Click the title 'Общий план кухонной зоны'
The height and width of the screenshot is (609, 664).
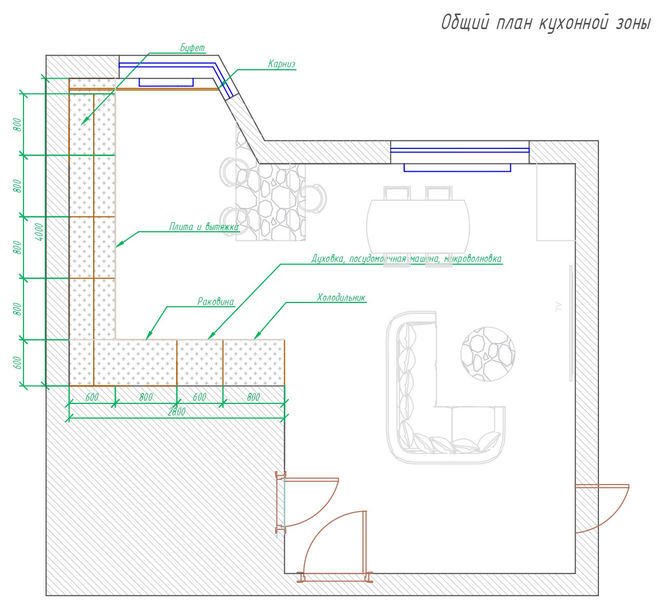546,23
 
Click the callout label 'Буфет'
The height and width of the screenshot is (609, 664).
192,48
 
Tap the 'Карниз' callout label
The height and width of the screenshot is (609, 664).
282,64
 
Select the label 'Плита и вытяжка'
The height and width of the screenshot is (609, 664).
204,227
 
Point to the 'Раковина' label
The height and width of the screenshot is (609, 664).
216,301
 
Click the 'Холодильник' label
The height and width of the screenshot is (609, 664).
341,298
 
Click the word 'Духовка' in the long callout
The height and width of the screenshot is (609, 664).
328,259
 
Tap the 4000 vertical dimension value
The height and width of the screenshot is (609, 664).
39,232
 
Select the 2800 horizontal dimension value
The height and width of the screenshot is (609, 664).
177,412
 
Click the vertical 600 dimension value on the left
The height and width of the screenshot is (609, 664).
18,363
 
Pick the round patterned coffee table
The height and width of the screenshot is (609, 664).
488,354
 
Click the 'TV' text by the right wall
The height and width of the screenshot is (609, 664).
558,307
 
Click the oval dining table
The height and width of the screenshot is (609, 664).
418,226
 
